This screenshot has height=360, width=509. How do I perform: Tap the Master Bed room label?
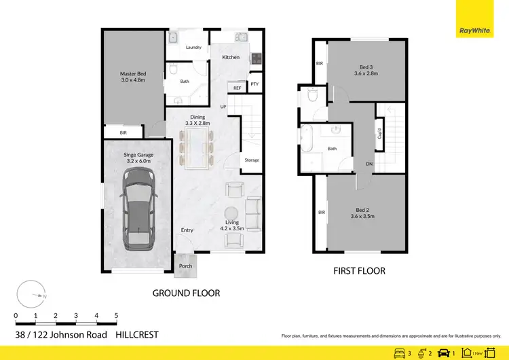(x=133, y=74)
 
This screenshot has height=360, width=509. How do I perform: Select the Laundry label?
(x=193, y=48)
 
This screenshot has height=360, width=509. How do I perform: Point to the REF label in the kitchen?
(x=237, y=88)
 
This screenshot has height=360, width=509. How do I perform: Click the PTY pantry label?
(x=254, y=84)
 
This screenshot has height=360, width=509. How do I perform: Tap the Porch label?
(x=185, y=266)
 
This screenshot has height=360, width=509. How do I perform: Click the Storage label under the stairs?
(x=251, y=160)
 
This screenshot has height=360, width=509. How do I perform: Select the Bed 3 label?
(x=366, y=67)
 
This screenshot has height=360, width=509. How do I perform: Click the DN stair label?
(x=369, y=164)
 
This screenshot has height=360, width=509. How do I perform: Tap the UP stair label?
(x=223, y=107)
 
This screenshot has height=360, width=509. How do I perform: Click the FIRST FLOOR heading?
(x=359, y=271)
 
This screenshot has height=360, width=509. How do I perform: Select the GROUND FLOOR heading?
(x=185, y=293)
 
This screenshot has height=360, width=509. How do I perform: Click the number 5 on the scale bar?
(x=117, y=316)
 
